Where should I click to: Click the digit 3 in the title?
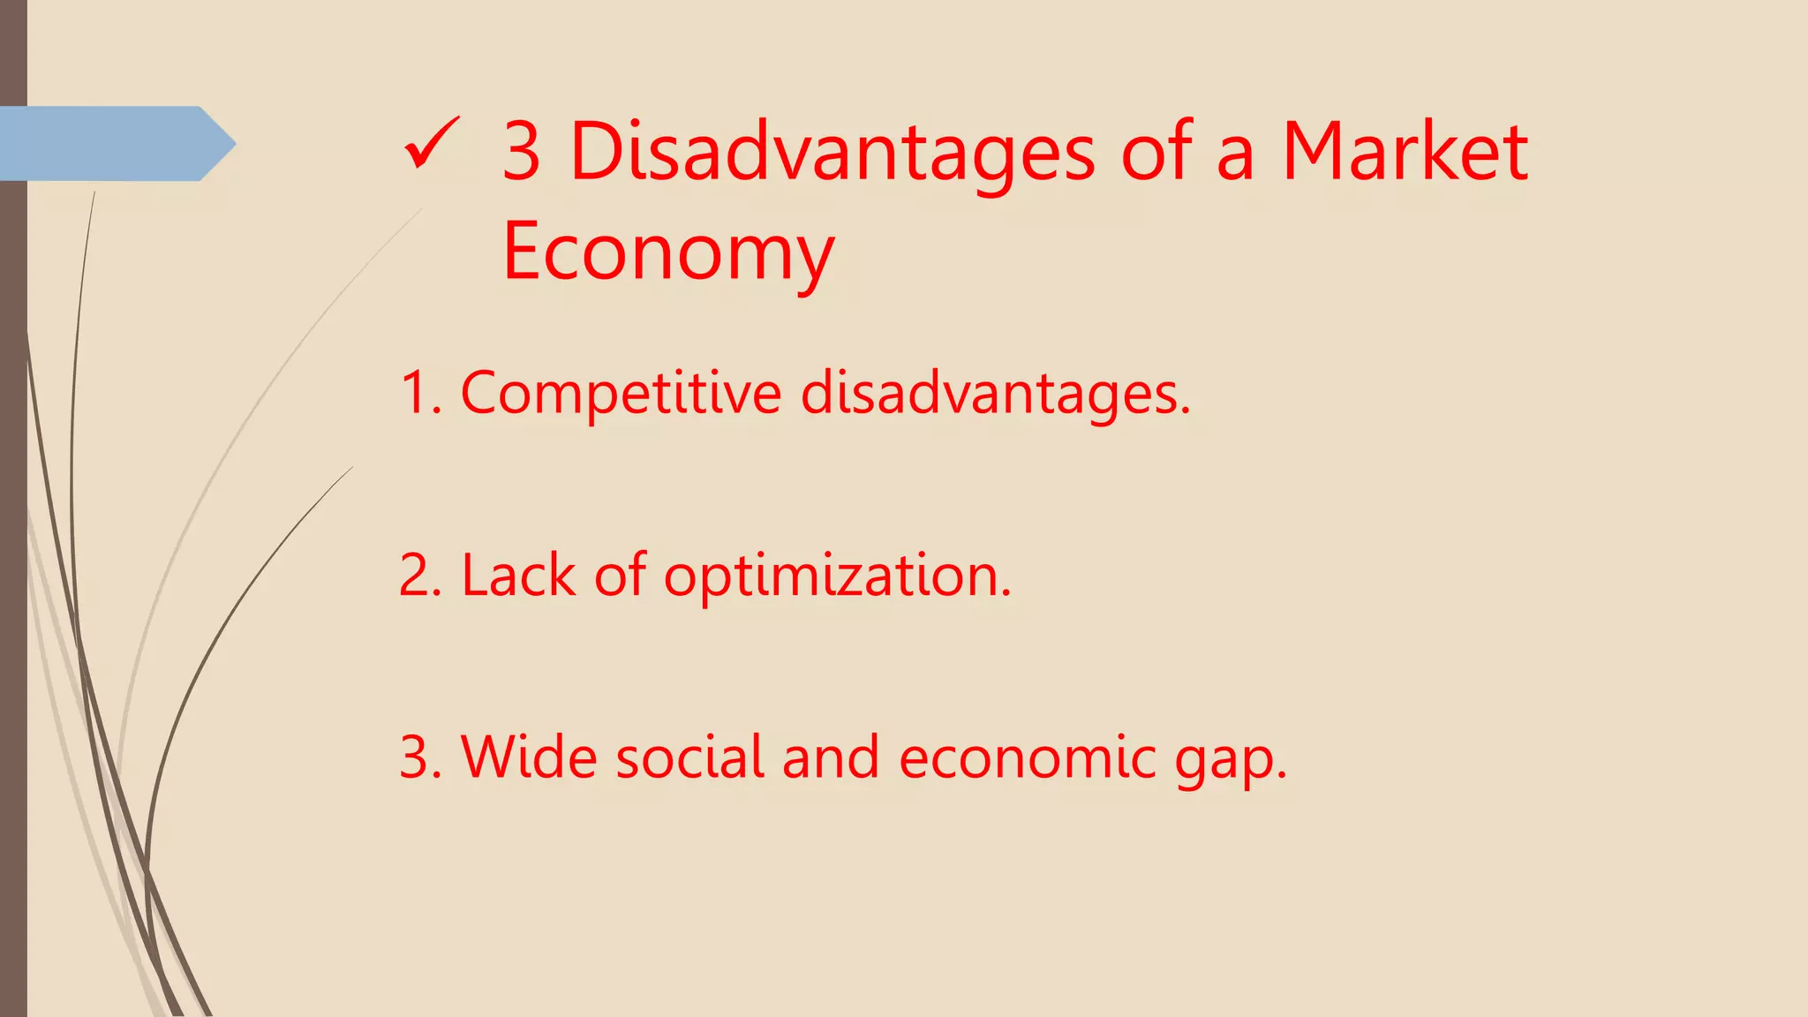[x=521, y=152]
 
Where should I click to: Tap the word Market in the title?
[x=1405, y=152]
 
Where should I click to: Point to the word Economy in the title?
[x=667, y=252]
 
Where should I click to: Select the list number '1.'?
[x=420, y=393]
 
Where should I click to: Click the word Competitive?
[x=621, y=393]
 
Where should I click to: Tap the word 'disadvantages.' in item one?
[x=996, y=393]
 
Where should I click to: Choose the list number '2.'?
[x=420, y=576]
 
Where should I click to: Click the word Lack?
[x=518, y=576]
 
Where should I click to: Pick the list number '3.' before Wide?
[x=420, y=757]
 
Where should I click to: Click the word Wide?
[x=528, y=757]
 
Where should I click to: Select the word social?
[x=689, y=757]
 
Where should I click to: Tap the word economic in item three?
[x=1027, y=757]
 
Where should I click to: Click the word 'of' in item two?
[x=620, y=576]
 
